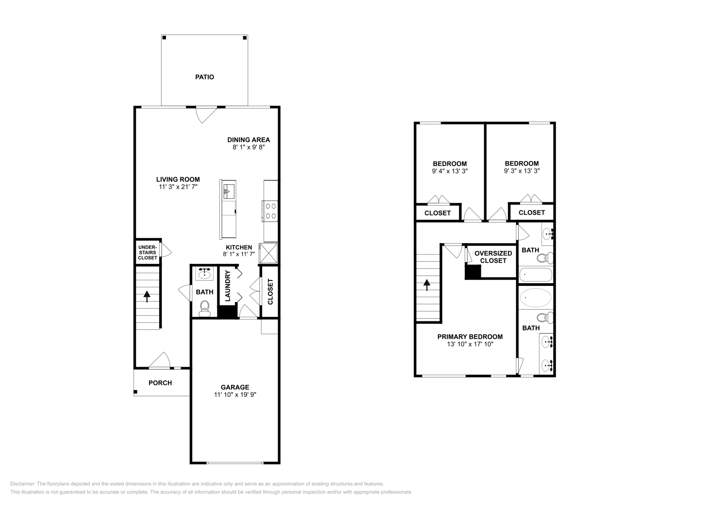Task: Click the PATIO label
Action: (204, 77)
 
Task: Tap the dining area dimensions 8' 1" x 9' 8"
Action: (249, 147)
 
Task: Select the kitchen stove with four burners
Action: (271, 211)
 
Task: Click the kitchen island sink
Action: (228, 191)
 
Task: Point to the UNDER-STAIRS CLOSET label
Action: (148, 252)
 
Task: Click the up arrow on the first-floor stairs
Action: (147, 296)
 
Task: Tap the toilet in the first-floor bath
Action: (205, 308)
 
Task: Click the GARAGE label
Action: (235, 387)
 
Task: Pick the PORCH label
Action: (160, 383)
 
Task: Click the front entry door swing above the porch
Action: (160, 359)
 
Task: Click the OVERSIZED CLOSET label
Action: (493, 257)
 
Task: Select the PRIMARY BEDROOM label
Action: (470, 337)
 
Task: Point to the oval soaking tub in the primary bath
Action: (536, 297)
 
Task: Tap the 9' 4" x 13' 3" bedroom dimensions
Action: (450, 171)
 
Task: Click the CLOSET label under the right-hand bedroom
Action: (531, 213)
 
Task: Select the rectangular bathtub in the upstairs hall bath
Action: (536, 274)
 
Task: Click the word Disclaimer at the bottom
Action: (22, 484)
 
